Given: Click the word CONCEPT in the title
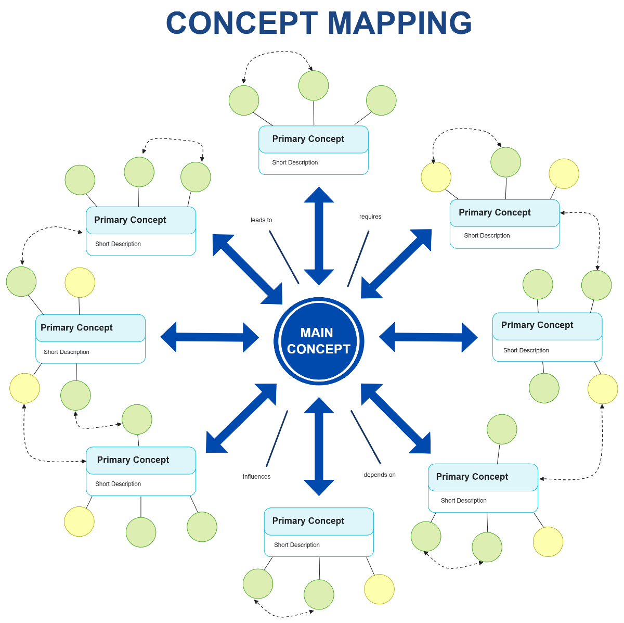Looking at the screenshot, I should coord(242,23).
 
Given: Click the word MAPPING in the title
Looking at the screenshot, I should coord(399,23).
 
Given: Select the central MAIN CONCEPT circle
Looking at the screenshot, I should coord(318,341).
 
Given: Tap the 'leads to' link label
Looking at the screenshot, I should coord(261,220).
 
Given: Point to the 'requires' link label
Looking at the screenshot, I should coord(370,217).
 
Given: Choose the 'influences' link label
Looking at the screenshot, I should coord(256,477).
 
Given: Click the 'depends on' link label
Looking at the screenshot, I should coord(380,475).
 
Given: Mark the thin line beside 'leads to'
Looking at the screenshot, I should coord(284,257).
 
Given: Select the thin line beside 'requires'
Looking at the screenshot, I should coord(358,259).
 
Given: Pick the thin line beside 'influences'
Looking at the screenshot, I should coord(277,438).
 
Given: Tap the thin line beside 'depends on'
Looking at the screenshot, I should coord(366,437).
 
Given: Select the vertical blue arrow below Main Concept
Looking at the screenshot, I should coord(319,446).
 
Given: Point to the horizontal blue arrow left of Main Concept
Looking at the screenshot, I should coord(210,337).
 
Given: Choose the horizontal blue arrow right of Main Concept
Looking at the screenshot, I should coord(428,337).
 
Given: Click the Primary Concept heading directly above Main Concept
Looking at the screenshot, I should coord(308,139).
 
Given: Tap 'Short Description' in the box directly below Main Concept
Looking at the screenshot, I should coord(297,545).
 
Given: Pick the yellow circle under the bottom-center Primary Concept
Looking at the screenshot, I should coord(379,589).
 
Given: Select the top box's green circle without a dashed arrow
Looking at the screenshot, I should coord(381,100).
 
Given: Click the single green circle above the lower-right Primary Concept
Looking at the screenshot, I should coord(502,429).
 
